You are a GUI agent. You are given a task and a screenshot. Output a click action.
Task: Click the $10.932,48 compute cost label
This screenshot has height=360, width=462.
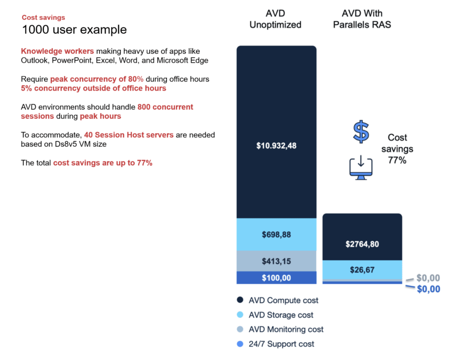[x=276, y=145]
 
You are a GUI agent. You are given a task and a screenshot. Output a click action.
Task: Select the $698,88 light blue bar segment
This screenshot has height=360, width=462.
[x=276, y=234]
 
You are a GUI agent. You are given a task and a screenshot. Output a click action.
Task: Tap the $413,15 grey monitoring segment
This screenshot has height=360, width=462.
[x=276, y=261]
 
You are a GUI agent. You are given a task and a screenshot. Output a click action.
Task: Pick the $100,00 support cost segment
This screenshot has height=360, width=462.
[x=276, y=278]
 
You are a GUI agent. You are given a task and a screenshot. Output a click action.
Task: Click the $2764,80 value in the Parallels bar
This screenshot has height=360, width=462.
[x=362, y=244]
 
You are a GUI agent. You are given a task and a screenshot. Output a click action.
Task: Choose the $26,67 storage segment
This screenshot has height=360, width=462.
[x=362, y=270]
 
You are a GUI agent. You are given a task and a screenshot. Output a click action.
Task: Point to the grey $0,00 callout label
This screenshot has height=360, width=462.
[x=428, y=278]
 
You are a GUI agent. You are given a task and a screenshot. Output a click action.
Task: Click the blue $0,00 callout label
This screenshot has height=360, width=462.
[x=428, y=289]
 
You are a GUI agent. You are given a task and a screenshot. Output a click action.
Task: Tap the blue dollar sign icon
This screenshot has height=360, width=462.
[x=361, y=131]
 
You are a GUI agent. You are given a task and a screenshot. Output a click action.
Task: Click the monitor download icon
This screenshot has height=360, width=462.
[x=361, y=167]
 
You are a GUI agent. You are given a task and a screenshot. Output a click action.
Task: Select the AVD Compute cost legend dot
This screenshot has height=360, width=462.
[x=240, y=300]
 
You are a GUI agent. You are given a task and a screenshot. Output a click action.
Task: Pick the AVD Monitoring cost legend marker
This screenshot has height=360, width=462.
[x=240, y=329]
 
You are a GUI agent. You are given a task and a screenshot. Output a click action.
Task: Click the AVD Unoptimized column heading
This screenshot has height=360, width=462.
[x=275, y=19]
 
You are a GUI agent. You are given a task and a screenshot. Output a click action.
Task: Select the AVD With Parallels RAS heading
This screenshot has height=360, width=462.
[x=362, y=19]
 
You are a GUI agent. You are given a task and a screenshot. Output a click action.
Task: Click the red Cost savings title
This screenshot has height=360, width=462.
[x=43, y=17]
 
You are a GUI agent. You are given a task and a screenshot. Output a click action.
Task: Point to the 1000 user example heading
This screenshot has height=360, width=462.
[x=74, y=29]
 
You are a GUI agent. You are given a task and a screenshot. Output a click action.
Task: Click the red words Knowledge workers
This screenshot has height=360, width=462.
[x=57, y=51]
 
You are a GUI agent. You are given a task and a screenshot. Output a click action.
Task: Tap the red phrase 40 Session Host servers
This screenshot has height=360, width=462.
[x=129, y=135]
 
